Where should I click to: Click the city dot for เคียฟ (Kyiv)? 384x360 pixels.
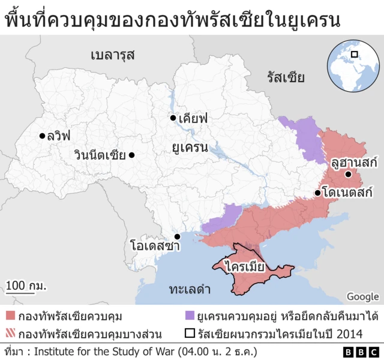tap(173, 118)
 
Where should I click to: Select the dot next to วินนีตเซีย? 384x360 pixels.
tap(132, 155)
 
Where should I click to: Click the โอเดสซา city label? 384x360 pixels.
tap(155, 245)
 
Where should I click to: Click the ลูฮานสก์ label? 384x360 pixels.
tap(353, 161)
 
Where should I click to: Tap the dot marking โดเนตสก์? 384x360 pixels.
tap(317, 193)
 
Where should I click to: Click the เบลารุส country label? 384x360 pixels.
tap(112, 55)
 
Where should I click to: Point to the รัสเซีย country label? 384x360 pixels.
tap(286, 77)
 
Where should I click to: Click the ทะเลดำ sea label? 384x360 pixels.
tap(190, 290)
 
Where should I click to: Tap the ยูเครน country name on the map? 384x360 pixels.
tap(190, 147)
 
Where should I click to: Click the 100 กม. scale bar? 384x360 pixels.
tap(26, 286)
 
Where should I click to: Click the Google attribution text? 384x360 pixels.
tap(362, 296)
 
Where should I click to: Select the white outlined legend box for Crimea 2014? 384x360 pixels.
tap(190, 334)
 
